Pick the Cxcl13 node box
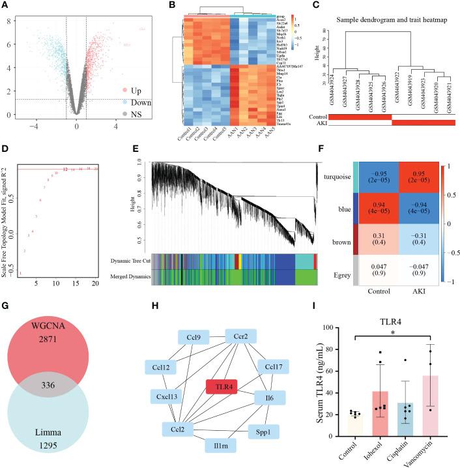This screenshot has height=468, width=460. pos(180,395)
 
